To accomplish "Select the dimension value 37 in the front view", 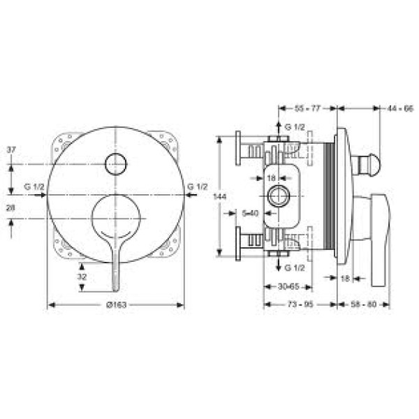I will click(11, 149).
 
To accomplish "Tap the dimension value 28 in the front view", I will click(11, 208).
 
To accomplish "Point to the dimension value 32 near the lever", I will click(82, 277).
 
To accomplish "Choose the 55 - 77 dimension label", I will click(307, 109).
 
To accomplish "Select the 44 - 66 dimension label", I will click(401, 109).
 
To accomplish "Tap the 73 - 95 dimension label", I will click(300, 305).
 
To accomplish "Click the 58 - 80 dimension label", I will click(364, 305).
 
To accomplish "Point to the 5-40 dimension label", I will click(249, 213).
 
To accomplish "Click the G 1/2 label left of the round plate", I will click(34, 186).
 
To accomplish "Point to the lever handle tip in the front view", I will click(115, 286).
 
